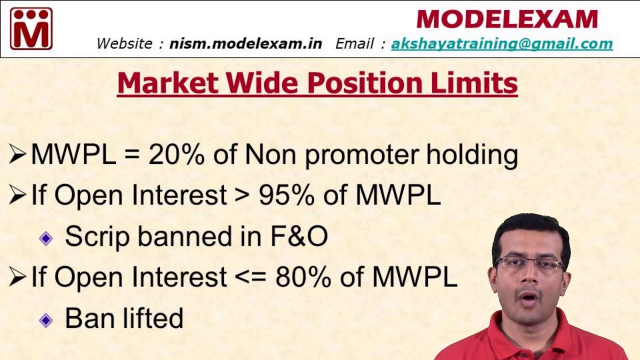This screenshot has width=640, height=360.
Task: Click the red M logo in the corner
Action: [x=31, y=28]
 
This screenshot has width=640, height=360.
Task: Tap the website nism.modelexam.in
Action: [x=245, y=44]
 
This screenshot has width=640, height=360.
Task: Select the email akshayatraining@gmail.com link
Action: [x=501, y=44]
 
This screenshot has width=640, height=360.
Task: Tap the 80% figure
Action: [x=302, y=277]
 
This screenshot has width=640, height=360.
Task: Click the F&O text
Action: [x=299, y=236]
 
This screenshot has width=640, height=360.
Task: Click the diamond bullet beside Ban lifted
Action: [x=46, y=320]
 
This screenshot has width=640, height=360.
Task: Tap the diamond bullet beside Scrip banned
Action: [x=46, y=238]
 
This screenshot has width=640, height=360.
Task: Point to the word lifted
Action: [x=155, y=318]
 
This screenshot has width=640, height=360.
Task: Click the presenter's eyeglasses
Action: [x=530, y=264]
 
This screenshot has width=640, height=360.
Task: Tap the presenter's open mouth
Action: [x=529, y=299]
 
